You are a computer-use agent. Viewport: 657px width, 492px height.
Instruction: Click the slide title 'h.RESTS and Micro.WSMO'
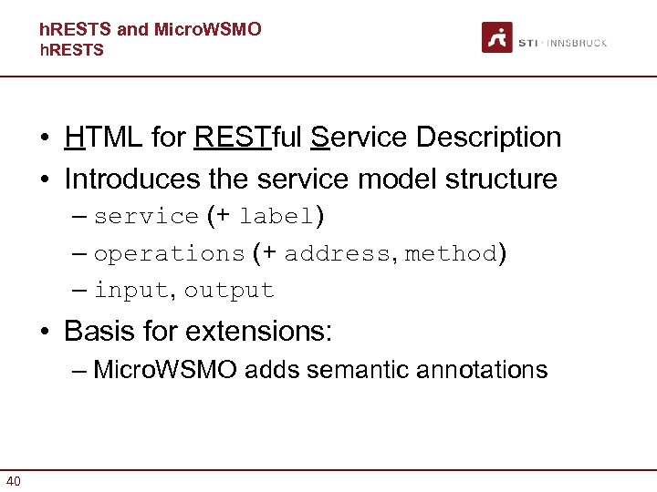tap(151, 29)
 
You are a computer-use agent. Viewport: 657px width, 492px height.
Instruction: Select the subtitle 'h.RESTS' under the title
tap(72, 50)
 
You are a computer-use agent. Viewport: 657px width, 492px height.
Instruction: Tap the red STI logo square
tap(497, 38)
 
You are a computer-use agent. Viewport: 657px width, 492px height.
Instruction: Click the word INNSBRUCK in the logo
tap(579, 43)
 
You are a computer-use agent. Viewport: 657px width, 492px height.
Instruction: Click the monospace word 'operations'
tap(169, 254)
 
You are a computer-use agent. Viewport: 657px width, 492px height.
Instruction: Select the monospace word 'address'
tap(336, 254)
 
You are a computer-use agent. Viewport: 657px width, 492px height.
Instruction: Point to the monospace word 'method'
tap(452, 254)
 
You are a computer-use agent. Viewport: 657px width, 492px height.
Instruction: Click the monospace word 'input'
tap(130, 291)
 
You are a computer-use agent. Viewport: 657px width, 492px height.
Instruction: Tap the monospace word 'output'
tap(228, 291)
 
